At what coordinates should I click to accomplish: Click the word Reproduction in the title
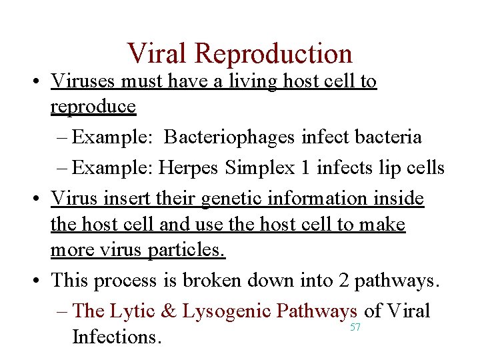pyautogui.click(x=275, y=54)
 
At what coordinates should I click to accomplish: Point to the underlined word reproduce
pyautogui.click(x=93, y=107)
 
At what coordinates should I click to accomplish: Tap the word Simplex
pyautogui.click(x=259, y=168)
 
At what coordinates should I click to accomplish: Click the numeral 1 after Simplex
pyautogui.click(x=305, y=168)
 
